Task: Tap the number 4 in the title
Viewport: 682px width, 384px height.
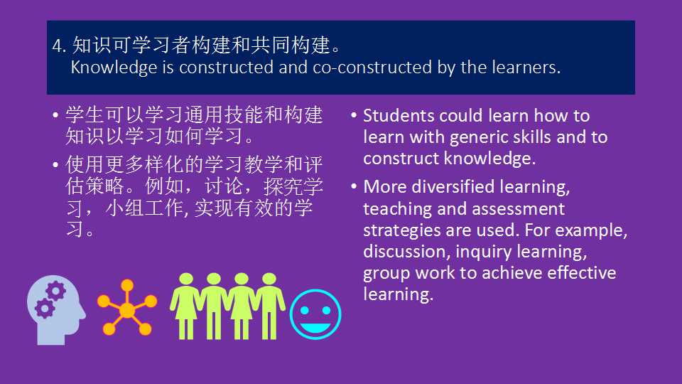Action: click(57, 46)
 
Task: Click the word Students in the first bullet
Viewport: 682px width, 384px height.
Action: click(399, 116)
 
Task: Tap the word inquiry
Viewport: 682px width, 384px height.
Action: click(484, 252)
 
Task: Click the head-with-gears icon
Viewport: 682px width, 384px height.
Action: click(56, 310)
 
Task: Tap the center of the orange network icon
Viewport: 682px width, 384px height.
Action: click(127, 310)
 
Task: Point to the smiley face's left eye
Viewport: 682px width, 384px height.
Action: click(305, 311)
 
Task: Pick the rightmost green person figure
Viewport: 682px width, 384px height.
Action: click(269, 306)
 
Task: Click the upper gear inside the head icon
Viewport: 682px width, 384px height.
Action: click(55, 292)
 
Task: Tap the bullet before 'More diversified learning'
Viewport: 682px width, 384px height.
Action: click(354, 186)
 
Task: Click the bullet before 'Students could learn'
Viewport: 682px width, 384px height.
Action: click(354, 115)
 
